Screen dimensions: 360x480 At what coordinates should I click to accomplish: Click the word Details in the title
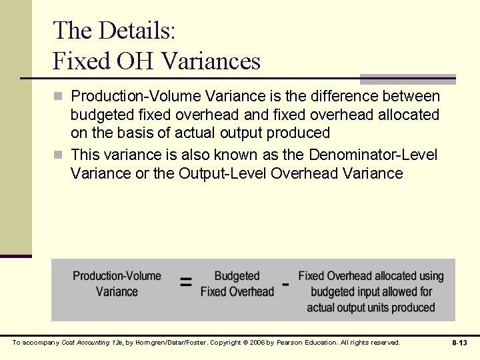click(137, 30)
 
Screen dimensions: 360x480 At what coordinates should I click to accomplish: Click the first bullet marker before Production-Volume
click(58, 97)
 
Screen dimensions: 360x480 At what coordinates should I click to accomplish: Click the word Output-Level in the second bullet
click(233, 174)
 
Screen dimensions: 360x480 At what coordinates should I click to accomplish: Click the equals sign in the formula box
click(186, 283)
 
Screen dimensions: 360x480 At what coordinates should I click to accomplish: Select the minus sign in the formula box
click(286, 283)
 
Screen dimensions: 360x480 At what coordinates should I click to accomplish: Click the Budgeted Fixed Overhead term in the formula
click(237, 283)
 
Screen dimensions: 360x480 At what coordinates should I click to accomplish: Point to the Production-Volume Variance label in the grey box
click(117, 283)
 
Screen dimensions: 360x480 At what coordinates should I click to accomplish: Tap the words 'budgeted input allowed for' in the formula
click(371, 291)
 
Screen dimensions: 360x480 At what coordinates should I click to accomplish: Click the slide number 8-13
click(459, 343)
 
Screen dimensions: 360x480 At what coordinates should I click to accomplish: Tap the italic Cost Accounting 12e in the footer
click(87, 343)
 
